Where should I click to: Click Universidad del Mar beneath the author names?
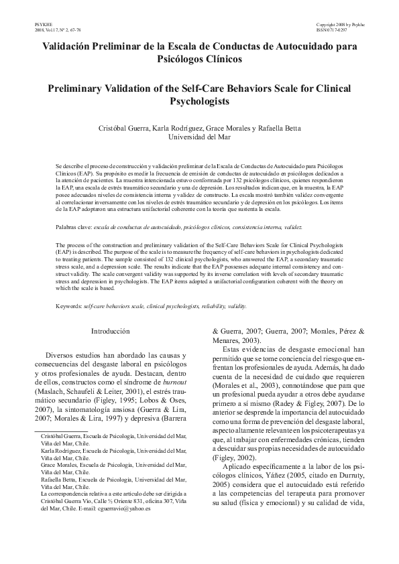point(199,137)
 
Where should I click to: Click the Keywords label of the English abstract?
point(69,305)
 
